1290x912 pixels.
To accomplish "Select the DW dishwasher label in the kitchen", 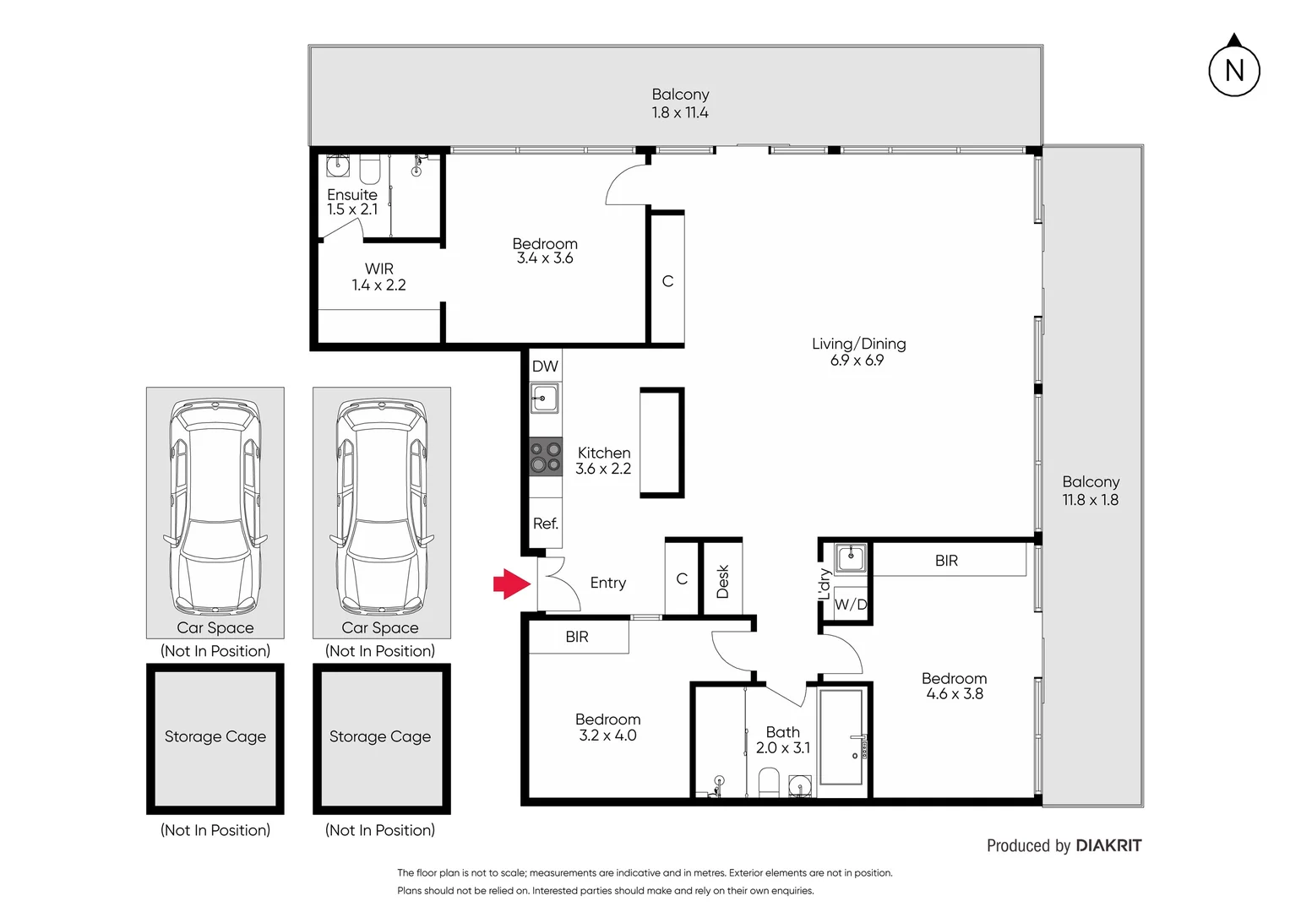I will (x=545, y=366).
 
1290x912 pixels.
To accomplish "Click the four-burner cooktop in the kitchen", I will (x=546, y=457).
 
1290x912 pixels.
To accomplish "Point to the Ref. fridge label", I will (x=546, y=524).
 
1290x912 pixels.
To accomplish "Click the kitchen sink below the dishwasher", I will (x=545, y=398).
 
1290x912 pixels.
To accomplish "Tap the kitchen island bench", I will (x=661, y=442).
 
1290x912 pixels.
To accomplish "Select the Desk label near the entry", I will (x=723, y=582).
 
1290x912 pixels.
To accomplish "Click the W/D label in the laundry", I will (x=851, y=605).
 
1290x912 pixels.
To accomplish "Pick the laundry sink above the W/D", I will (x=850, y=558).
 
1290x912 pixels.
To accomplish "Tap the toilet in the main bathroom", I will (x=769, y=782).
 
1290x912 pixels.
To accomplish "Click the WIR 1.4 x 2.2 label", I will (x=378, y=277).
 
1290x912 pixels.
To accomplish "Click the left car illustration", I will (x=215, y=507).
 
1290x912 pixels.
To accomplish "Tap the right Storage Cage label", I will (x=380, y=737).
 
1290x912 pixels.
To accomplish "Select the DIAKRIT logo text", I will (x=1108, y=846).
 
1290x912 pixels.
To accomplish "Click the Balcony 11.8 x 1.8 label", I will (x=1091, y=491).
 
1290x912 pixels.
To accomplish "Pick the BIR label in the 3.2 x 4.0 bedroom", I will (x=577, y=638).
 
